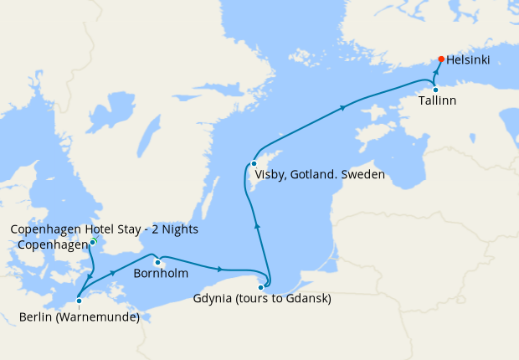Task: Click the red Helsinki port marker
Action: click(x=441, y=59)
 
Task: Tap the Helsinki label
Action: click(x=469, y=60)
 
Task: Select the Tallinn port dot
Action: click(x=435, y=90)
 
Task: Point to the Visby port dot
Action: click(x=254, y=163)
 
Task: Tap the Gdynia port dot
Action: click(x=261, y=287)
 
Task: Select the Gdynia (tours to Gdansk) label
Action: click(x=262, y=299)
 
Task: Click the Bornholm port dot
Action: click(x=157, y=262)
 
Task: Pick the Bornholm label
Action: click(x=161, y=273)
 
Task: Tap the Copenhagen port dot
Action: click(x=92, y=242)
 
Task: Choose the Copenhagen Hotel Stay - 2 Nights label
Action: click(x=105, y=229)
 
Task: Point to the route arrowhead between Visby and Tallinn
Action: click(x=342, y=107)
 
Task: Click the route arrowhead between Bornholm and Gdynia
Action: click(x=219, y=269)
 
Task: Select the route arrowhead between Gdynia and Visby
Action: click(x=257, y=224)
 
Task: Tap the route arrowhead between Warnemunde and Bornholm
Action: click(x=112, y=273)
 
